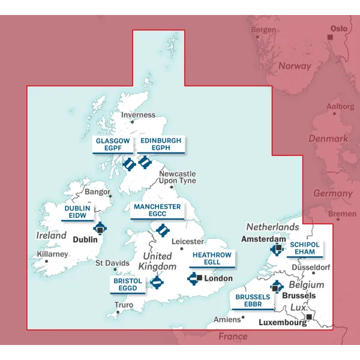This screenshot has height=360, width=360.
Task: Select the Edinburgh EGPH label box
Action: pos(161,145)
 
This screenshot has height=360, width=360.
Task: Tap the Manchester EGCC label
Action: pos(157,211)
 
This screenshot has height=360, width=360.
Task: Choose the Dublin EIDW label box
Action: pos(78,212)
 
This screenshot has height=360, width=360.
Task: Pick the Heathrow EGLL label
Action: pos(211,259)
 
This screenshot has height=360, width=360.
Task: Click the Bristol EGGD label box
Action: pos(128,284)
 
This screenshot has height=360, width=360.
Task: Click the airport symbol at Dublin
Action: pos(100,228)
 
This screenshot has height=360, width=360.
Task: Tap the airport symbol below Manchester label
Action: pos(163,230)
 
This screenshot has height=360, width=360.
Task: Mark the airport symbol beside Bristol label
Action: pos(157,282)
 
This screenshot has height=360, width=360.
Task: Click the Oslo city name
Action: pos(339,28)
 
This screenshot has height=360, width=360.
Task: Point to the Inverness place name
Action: pos(138,115)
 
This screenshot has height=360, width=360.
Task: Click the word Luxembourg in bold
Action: pos(282,323)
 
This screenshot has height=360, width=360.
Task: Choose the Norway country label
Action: pos(295,66)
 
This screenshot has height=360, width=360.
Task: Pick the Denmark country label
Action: pos(328,139)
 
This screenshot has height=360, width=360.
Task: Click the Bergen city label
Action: pos(263,30)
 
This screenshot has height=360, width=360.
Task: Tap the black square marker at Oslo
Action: pos(329,37)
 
